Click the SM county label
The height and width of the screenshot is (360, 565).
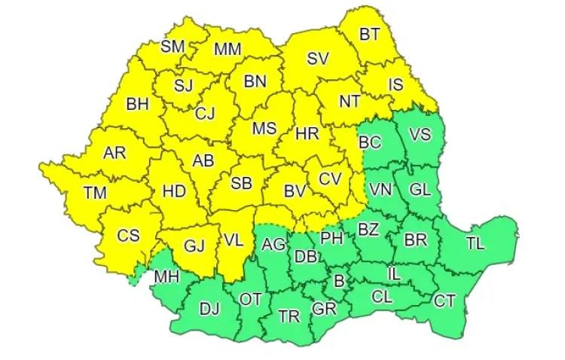(x=173, y=46)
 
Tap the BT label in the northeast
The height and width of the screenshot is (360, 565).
(x=369, y=34)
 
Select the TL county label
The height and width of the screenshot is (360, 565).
(x=475, y=243)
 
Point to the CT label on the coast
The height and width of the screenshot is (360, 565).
(x=444, y=301)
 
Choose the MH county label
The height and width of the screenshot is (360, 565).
(x=166, y=276)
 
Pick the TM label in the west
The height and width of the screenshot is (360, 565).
(x=95, y=193)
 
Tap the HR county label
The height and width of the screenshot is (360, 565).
(x=307, y=134)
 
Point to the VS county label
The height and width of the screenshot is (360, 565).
(x=420, y=135)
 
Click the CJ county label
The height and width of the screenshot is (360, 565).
(x=205, y=114)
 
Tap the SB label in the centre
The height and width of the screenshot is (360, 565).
(x=241, y=183)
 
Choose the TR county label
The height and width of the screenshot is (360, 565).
(x=289, y=316)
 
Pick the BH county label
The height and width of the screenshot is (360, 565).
(x=137, y=105)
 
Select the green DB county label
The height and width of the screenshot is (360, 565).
(x=305, y=257)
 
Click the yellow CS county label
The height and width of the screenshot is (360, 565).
(x=128, y=235)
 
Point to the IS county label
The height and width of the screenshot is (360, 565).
(x=395, y=85)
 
